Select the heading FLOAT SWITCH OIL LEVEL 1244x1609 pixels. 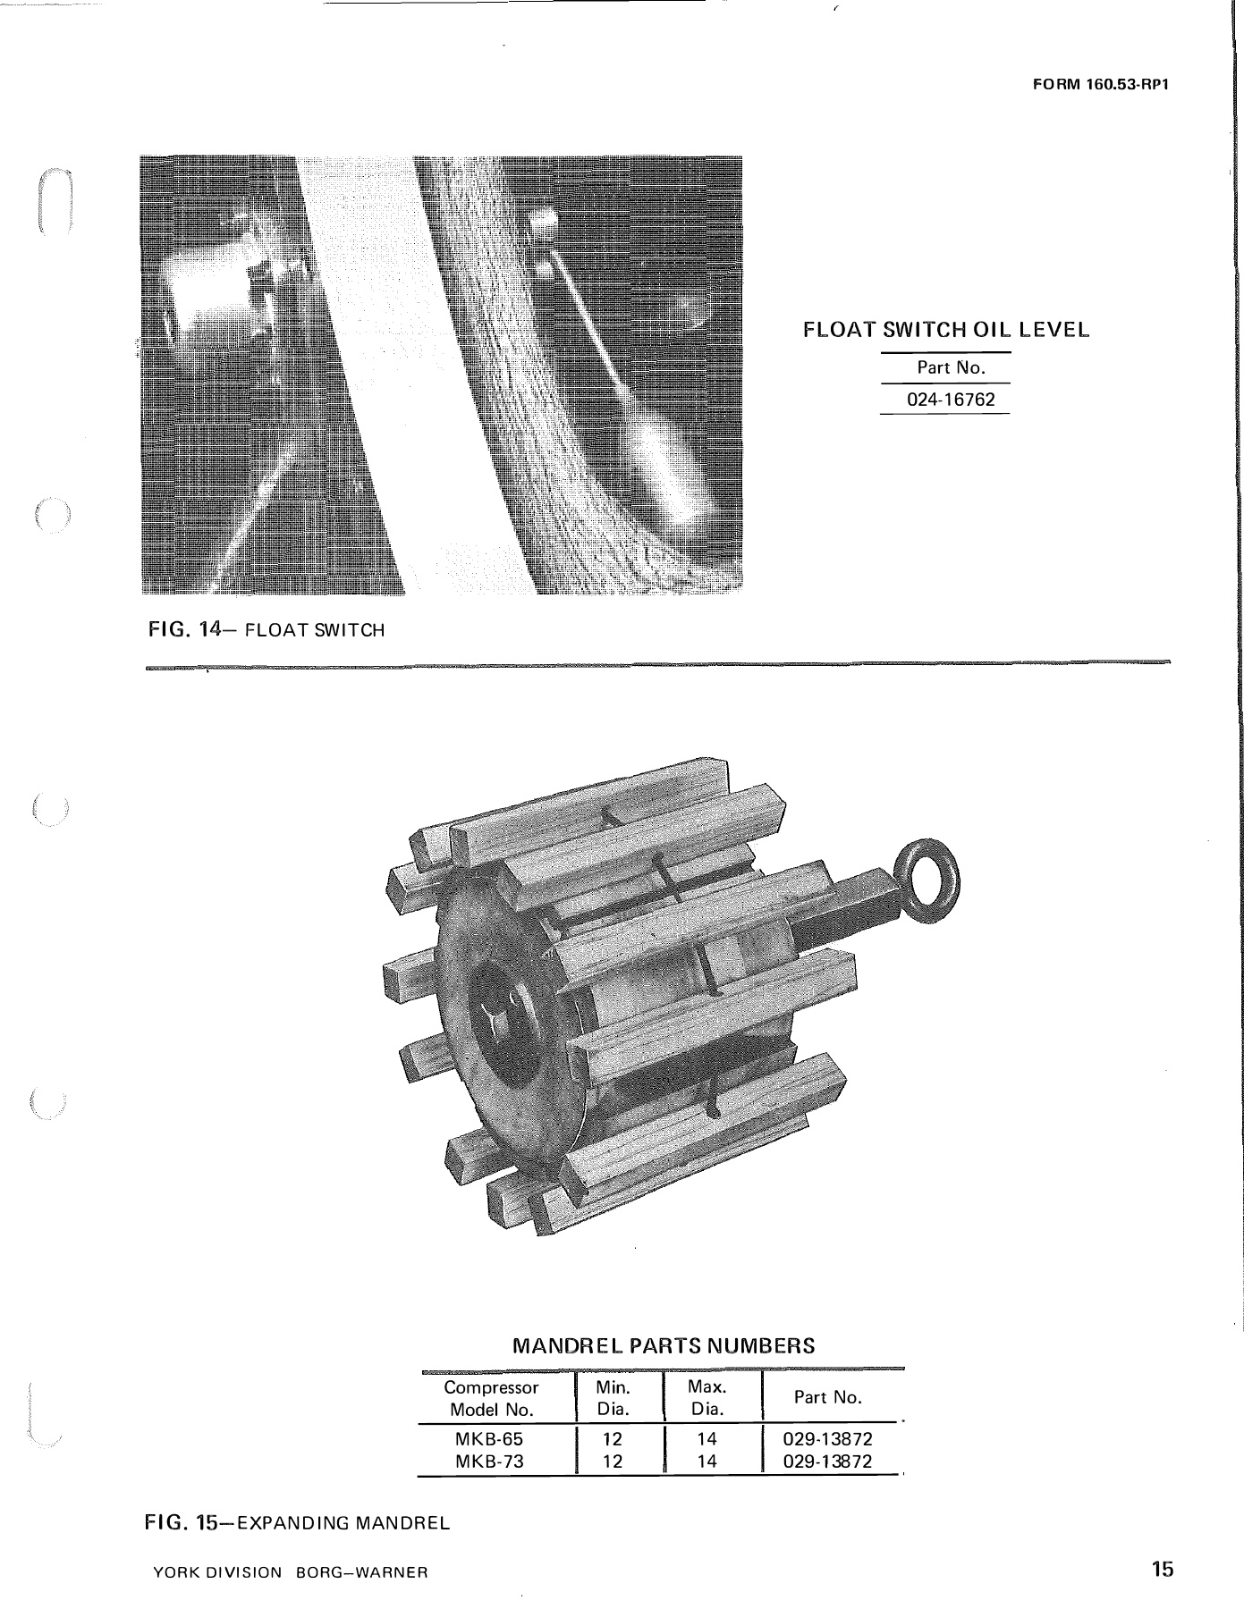pos(946,330)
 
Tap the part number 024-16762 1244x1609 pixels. pos(951,400)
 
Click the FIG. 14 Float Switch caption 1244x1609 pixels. pos(267,630)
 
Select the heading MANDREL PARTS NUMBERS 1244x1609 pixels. pos(663,1345)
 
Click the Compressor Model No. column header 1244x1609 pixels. pos(491,1398)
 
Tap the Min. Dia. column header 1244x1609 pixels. pos(613,1398)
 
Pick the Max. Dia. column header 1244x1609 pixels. pos(707,1398)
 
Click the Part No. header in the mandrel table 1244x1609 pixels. pos(828,1397)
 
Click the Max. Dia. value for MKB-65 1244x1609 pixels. pos(707,1440)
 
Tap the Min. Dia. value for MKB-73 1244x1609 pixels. pos(613,1462)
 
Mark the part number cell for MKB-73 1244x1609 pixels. pos(827,1462)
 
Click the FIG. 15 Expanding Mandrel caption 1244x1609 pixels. pos(298,1522)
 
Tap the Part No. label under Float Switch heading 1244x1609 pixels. pos(951,367)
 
